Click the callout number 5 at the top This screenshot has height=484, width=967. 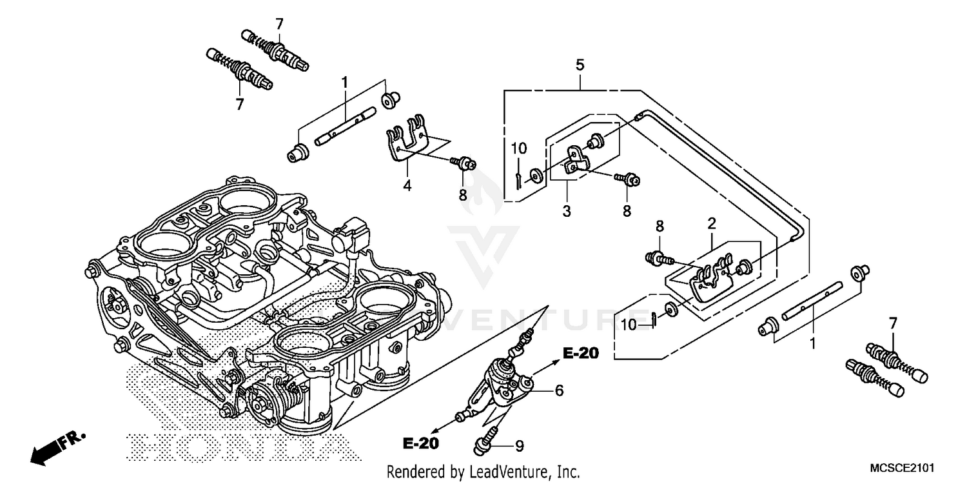(580, 65)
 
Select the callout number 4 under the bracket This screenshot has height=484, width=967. (408, 186)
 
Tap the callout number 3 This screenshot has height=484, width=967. (567, 210)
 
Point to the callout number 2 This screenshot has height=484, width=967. (712, 224)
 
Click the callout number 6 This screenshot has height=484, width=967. (559, 390)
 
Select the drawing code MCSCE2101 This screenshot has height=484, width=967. (902, 467)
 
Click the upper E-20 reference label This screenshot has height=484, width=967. (580, 353)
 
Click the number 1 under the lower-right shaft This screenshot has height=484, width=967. (812, 344)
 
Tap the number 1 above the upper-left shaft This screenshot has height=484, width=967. (344, 82)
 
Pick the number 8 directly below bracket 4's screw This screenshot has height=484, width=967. (462, 194)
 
